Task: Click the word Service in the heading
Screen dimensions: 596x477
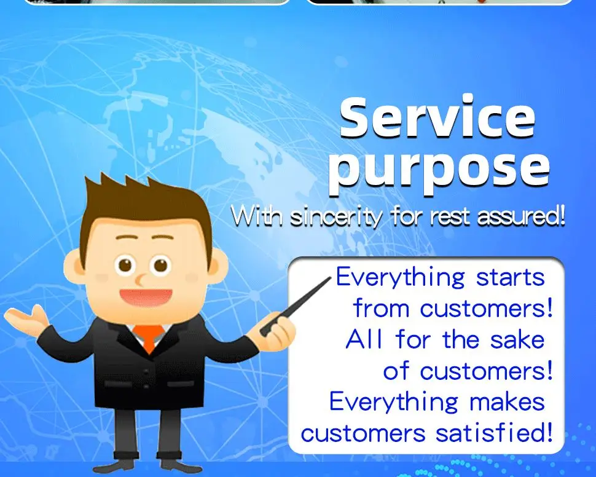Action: pos(437,117)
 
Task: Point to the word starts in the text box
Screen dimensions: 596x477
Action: pos(511,278)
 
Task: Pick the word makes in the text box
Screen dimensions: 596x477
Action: pos(507,401)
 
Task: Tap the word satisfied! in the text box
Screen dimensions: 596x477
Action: pos(494,433)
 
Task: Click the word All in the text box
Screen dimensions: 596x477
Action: pos(363,339)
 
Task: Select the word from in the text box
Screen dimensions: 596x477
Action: pos(381,308)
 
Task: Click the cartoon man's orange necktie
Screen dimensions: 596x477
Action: pos(149,338)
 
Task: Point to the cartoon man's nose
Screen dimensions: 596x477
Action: pos(140,280)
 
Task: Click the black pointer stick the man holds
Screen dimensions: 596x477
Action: pos(296,306)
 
